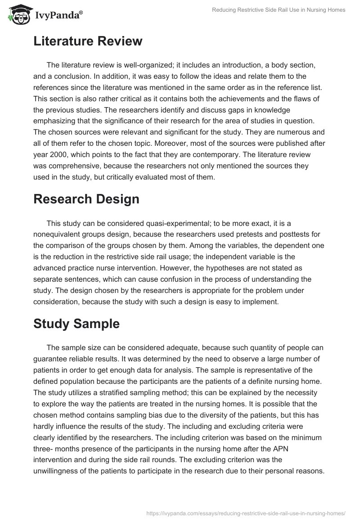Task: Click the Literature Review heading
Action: tap(88, 41)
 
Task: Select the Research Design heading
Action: tap(86, 199)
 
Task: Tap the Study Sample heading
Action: tap(76, 324)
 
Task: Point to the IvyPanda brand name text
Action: tap(58, 16)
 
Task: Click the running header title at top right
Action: tap(279, 10)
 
